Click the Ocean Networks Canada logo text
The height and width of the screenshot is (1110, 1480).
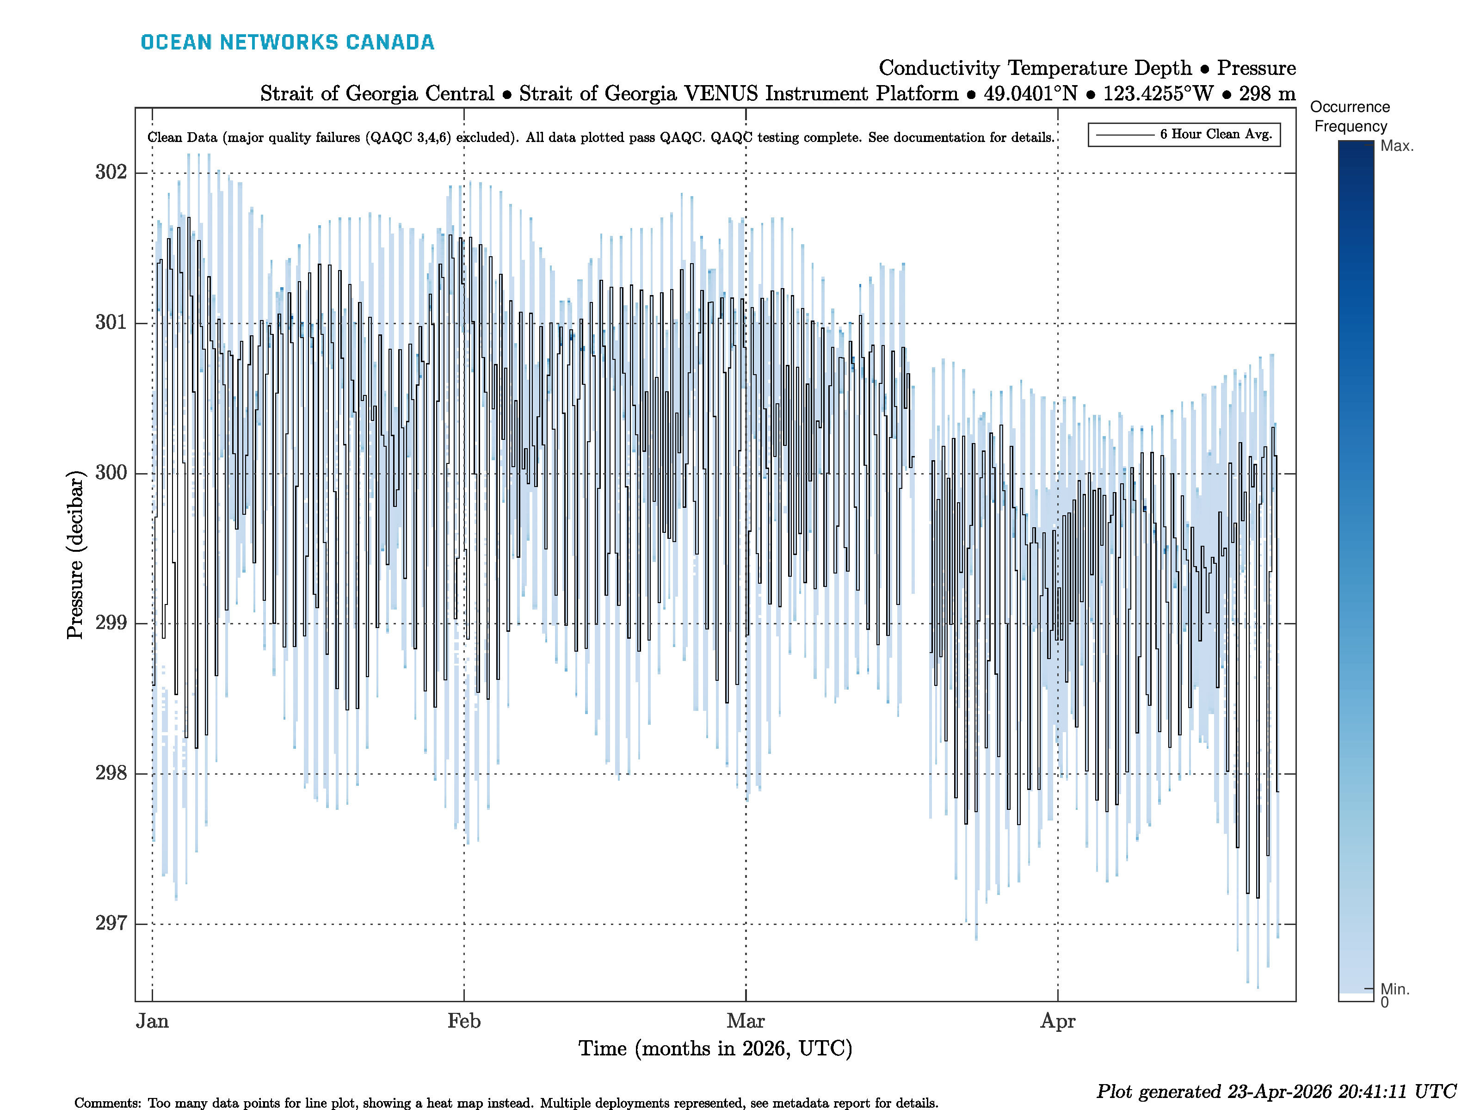pyautogui.click(x=287, y=42)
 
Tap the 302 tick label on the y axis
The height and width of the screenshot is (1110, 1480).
pyautogui.click(x=111, y=173)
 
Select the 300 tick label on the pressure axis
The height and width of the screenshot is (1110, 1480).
pyautogui.click(x=111, y=473)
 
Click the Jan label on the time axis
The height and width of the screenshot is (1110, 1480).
pyautogui.click(x=153, y=1021)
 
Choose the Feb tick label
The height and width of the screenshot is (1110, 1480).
pyautogui.click(x=464, y=1021)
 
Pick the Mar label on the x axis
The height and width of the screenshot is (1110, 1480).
pyautogui.click(x=746, y=1021)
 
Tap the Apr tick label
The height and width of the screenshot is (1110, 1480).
pyautogui.click(x=1057, y=1021)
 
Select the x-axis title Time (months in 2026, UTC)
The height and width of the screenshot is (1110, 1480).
pyautogui.click(x=715, y=1048)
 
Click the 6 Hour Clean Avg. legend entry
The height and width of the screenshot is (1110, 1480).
pyautogui.click(x=1215, y=135)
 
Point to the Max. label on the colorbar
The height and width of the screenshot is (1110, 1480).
pyautogui.click(x=1397, y=146)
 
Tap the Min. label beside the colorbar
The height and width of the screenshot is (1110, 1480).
pyautogui.click(x=1395, y=989)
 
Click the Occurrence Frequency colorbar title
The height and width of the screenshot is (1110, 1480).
pyautogui.click(x=1350, y=117)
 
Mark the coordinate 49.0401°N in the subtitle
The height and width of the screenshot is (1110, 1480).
pyautogui.click(x=1030, y=94)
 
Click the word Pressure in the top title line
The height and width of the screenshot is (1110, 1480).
pyautogui.click(x=1256, y=68)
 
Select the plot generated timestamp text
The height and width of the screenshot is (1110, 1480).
pyautogui.click(x=1275, y=1091)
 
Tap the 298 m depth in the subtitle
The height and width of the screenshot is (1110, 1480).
pyautogui.click(x=1267, y=94)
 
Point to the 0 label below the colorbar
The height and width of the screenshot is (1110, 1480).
pyautogui.click(x=1384, y=1002)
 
